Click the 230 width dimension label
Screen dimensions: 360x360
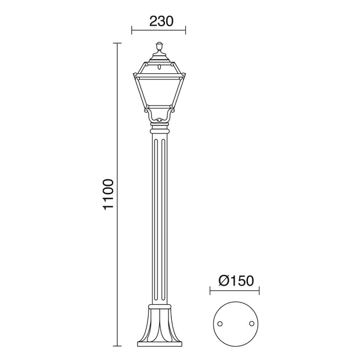(161, 21)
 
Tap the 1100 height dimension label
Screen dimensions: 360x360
(108, 195)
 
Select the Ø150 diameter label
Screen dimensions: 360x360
(236, 280)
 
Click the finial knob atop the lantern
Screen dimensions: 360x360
(159, 46)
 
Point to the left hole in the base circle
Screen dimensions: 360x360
(220, 324)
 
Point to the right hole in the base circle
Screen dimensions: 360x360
(251, 323)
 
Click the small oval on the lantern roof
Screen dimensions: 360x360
(159, 67)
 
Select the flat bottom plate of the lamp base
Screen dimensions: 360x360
(160, 344)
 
